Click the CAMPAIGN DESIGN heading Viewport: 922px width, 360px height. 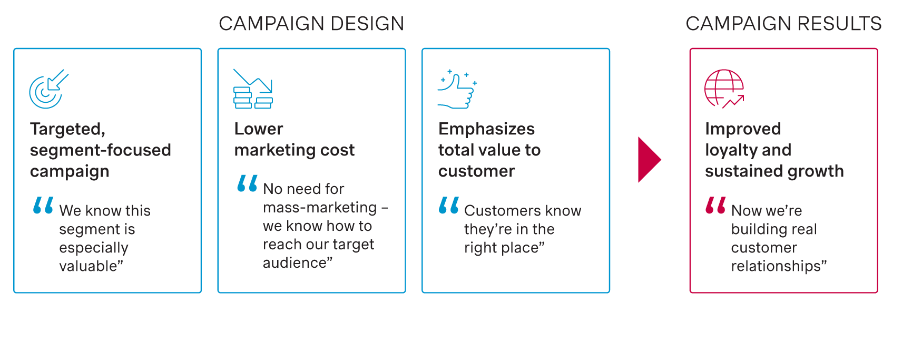tap(311, 24)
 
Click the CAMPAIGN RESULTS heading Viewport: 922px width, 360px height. tap(783, 24)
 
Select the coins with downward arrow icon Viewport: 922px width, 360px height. tap(253, 89)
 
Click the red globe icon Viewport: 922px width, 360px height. tap(724, 89)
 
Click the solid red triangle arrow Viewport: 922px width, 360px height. tap(649, 160)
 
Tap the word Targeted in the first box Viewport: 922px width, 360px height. tap(67, 129)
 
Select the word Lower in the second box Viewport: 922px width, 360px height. tap(259, 129)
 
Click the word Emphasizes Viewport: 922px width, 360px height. tap(486, 129)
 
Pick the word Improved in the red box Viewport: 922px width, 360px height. tap(743, 129)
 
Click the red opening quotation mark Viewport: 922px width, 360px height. tap(715, 205)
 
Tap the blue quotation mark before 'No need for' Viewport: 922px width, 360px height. tap(247, 183)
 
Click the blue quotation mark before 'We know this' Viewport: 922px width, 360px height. tap(43, 205)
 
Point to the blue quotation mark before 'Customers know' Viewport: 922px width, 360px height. tap(448, 205)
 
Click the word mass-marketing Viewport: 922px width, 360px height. tap(320, 208)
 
